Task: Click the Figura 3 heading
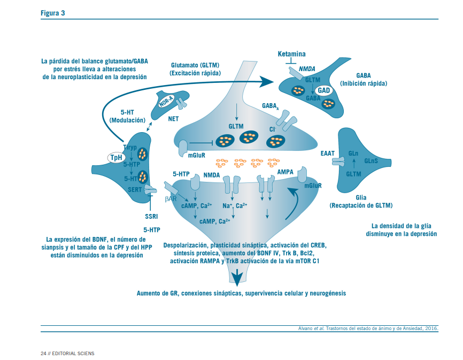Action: [53, 13]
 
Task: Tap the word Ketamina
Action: [291, 55]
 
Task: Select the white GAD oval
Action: [323, 90]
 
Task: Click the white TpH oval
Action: [115, 157]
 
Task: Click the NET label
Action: [173, 119]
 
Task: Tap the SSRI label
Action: [151, 217]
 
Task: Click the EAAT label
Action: [327, 154]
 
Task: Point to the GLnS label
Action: [372, 160]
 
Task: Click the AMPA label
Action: [285, 172]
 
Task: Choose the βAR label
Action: [171, 198]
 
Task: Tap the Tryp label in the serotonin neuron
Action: [130, 147]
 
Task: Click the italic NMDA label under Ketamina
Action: [307, 69]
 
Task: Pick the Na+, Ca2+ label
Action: [234, 205]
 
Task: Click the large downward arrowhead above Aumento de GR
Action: [236, 277]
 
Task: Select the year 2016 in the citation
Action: [429, 328]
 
